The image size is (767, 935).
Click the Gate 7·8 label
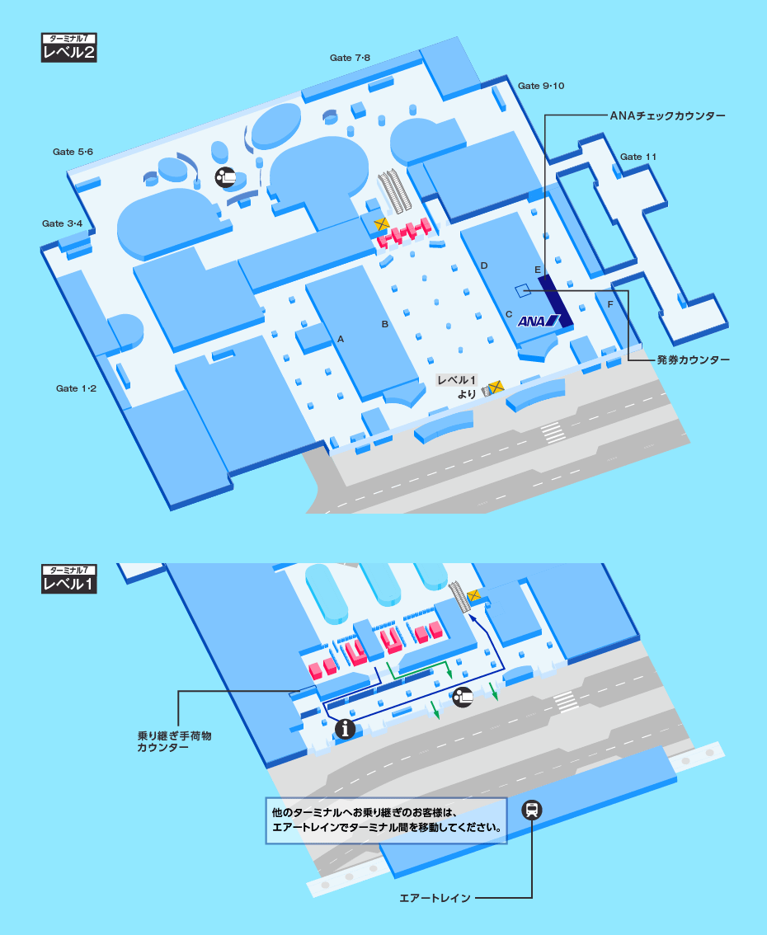(350, 58)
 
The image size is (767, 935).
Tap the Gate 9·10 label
(541, 86)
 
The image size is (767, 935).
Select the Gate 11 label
(638, 157)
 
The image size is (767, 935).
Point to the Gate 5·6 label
(73, 152)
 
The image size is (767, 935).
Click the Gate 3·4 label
(63, 223)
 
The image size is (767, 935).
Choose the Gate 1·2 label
(77, 388)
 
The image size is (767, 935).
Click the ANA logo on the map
(539, 322)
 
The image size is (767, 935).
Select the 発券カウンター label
(694, 360)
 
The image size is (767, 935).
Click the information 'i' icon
(346, 728)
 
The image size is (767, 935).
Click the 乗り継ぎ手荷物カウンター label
(175, 740)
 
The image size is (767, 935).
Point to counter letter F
(610, 305)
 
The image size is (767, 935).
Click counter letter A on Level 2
(340, 338)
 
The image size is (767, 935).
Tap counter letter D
(484, 265)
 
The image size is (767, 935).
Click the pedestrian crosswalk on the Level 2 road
(553, 431)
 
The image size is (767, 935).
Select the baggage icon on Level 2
(225, 176)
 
